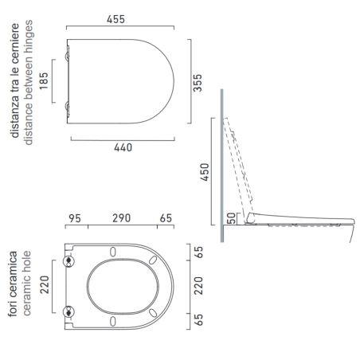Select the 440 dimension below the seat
(x=122, y=147)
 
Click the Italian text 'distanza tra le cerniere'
(x=15, y=83)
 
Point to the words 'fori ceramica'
(x=14, y=285)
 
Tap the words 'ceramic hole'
(x=26, y=285)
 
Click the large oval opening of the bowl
(x=115, y=286)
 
